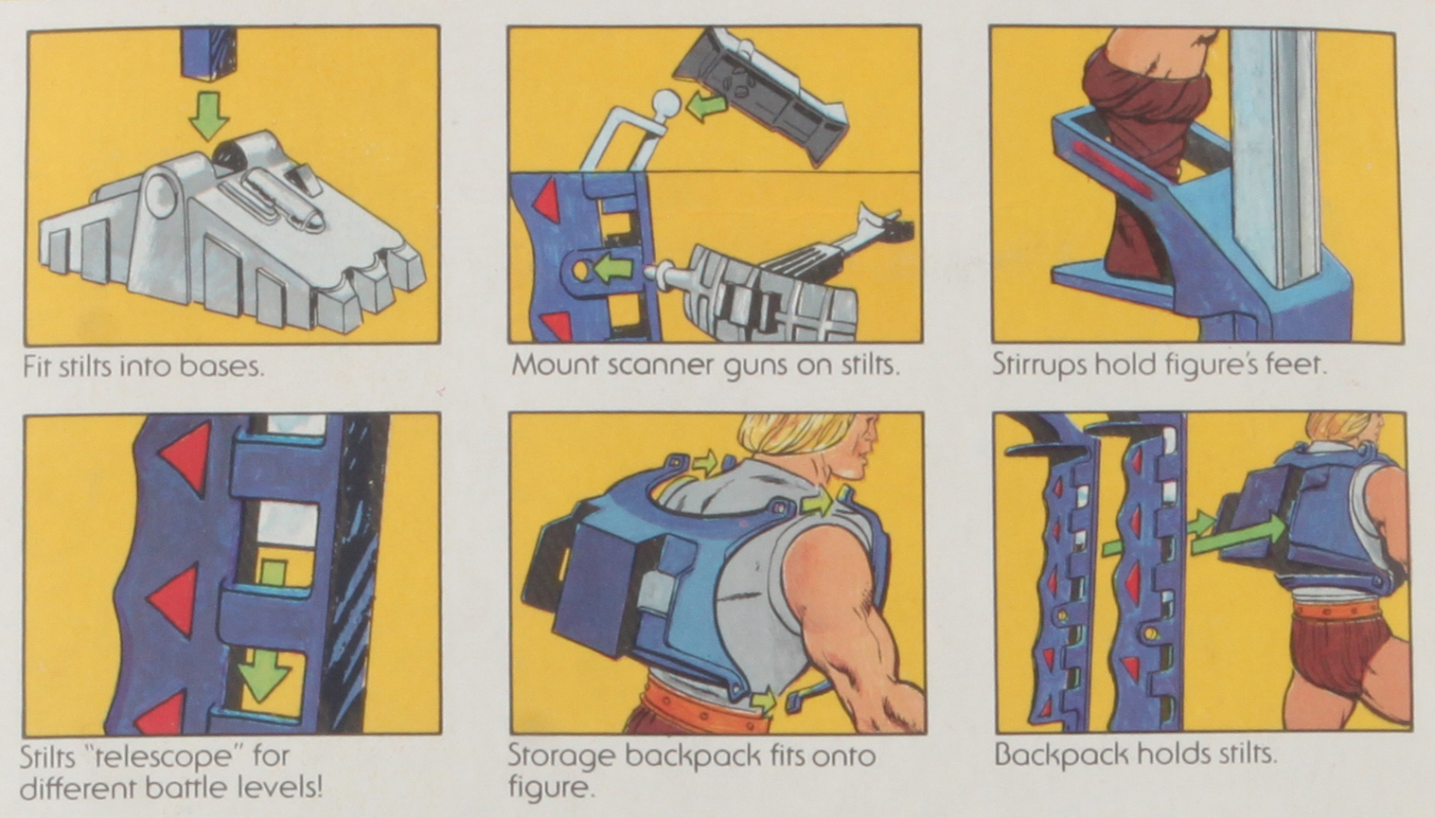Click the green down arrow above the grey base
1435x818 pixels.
click(x=208, y=114)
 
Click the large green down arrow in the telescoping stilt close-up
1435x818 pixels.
click(x=263, y=674)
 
